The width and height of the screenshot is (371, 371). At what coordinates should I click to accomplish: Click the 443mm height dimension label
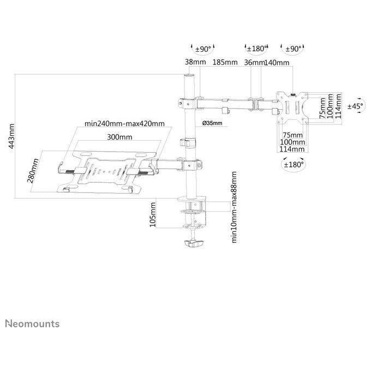pyautogui.click(x=11, y=136)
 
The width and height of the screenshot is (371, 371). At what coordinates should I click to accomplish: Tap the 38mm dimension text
pyautogui.click(x=195, y=62)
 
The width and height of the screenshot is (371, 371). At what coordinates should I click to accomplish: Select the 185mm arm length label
pyautogui.click(x=225, y=62)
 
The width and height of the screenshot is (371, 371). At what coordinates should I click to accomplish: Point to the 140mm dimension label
pyautogui.click(x=277, y=62)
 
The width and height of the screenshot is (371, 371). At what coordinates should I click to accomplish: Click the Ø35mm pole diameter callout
pyautogui.click(x=212, y=123)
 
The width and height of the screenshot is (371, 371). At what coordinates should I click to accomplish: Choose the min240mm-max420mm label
pyautogui.click(x=124, y=123)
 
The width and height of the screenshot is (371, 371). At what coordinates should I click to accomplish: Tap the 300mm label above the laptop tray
pyautogui.click(x=119, y=137)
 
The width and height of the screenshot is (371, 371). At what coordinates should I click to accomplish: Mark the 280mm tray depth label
pyautogui.click(x=33, y=171)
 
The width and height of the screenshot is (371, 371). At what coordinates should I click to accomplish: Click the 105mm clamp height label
pyautogui.click(x=153, y=214)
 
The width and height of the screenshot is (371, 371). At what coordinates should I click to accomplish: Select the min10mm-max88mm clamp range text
pyautogui.click(x=234, y=207)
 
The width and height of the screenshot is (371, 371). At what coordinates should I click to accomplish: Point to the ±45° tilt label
pyautogui.click(x=355, y=106)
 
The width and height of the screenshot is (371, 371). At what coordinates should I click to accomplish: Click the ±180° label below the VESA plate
pyautogui.click(x=294, y=164)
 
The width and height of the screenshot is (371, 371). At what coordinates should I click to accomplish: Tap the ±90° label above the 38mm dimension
pyautogui.click(x=203, y=49)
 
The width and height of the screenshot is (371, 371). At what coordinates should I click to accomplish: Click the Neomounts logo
pyautogui.click(x=32, y=324)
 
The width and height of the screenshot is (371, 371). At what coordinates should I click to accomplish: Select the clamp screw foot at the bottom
pyautogui.click(x=194, y=243)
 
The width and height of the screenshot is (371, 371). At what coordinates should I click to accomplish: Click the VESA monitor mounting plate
pyautogui.click(x=292, y=107)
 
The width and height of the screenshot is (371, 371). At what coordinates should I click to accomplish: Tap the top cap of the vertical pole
pyautogui.click(x=189, y=75)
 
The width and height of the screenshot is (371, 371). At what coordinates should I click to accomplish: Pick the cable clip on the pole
pyautogui.click(x=188, y=143)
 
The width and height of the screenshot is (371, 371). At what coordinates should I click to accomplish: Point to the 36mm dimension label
pyautogui.click(x=254, y=62)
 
